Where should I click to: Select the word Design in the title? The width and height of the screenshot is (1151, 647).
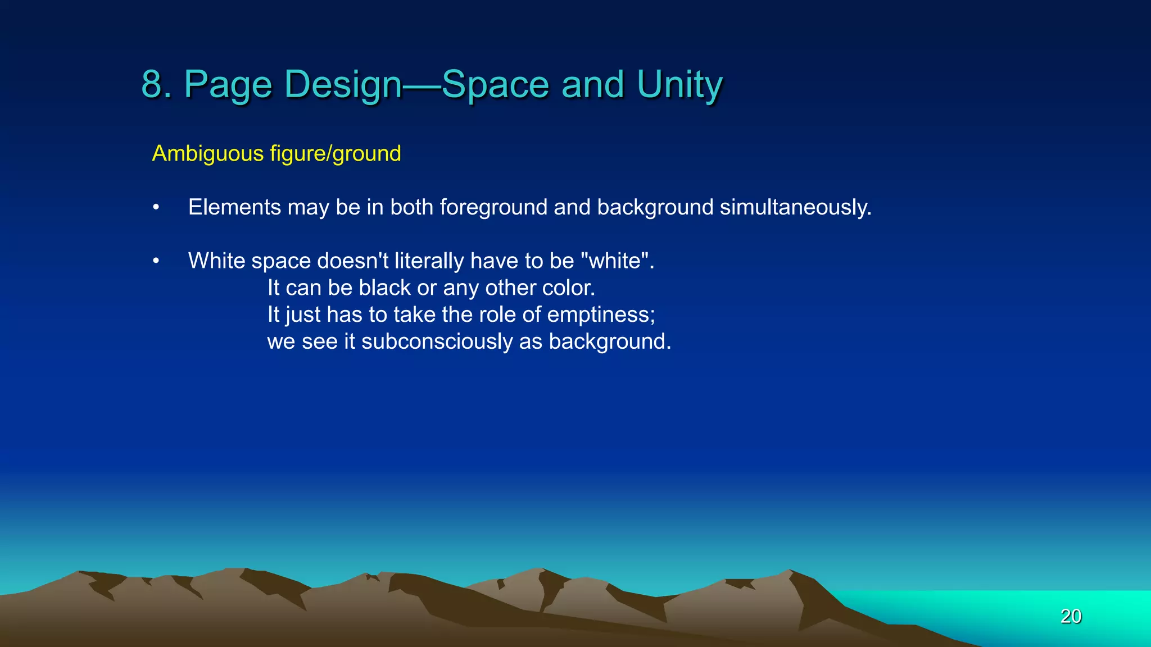point(343,84)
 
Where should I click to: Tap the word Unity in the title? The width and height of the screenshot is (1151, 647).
point(679,84)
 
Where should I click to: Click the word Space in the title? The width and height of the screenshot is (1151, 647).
point(495,84)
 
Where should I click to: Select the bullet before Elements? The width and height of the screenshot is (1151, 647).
point(156,208)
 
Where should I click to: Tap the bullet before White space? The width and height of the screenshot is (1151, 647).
point(156,261)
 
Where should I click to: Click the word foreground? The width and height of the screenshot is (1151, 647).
point(493,207)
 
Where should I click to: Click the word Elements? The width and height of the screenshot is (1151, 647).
point(234,207)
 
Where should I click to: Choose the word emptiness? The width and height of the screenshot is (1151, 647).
point(601,315)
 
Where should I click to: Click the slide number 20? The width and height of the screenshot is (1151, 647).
point(1071,616)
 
